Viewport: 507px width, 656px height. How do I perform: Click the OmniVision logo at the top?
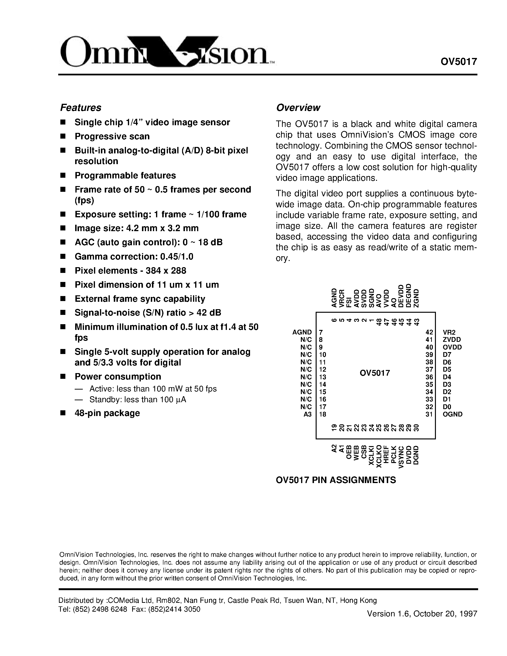(167, 51)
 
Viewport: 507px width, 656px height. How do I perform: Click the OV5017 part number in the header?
(459, 62)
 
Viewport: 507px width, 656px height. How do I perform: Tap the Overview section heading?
(298, 108)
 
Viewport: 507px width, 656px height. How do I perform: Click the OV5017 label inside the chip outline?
(375, 373)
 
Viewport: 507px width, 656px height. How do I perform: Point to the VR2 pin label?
(449, 332)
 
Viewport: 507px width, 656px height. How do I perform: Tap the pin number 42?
(429, 332)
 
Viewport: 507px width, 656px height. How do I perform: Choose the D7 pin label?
(447, 354)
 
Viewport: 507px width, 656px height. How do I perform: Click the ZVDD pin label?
(451, 340)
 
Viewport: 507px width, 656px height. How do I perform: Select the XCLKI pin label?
(371, 455)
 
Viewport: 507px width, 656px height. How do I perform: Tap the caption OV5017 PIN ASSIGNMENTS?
(336, 480)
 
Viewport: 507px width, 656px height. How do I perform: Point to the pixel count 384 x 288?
(166, 271)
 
